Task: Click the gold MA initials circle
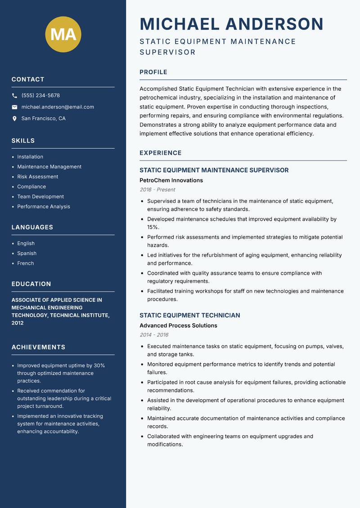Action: tap(63, 34)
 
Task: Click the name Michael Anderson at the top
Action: tap(231, 24)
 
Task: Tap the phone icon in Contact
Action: tap(14, 96)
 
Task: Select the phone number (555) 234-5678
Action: tap(40, 96)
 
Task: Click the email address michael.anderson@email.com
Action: tap(58, 107)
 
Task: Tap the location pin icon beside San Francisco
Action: tap(14, 119)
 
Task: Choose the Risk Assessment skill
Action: tap(37, 177)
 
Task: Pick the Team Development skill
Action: tap(40, 196)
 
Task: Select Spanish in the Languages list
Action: tap(27, 253)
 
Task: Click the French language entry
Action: tap(25, 263)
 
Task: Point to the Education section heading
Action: tap(31, 284)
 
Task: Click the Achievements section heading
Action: tap(38, 347)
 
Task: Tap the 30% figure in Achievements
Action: tap(99, 365)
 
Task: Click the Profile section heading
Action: tap(153, 72)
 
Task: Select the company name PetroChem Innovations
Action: tap(171, 180)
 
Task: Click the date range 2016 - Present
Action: tap(157, 190)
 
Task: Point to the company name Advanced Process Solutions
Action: tap(178, 325)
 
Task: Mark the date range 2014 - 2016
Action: tap(154, 335)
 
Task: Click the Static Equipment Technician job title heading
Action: tap(189, 315)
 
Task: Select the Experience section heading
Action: tap(160, 153)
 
